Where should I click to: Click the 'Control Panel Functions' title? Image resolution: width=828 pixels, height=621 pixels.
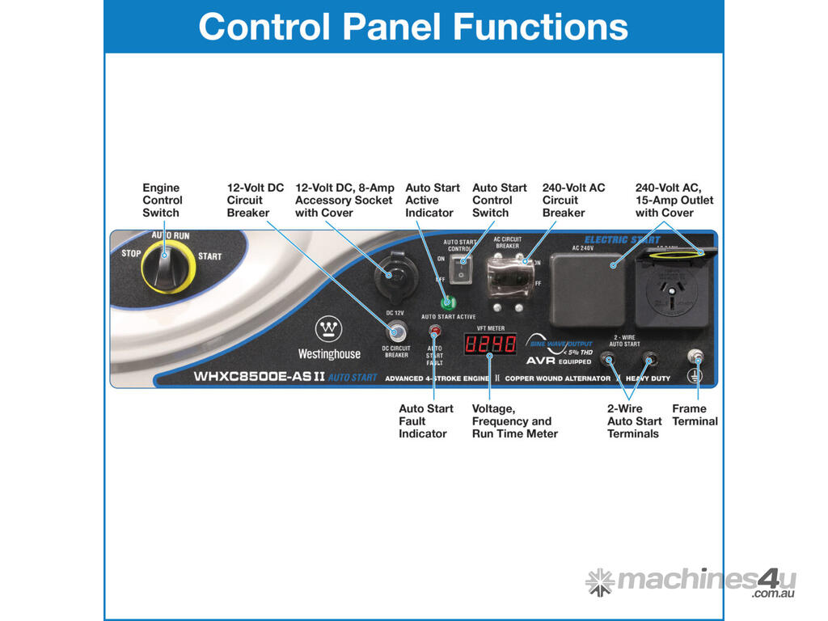413,26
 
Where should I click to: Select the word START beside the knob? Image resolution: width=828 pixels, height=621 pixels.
209,256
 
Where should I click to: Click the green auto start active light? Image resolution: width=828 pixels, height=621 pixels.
446,302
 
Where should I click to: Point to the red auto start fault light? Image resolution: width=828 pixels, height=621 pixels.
435,331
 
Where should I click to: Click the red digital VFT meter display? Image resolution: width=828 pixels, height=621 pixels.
490,345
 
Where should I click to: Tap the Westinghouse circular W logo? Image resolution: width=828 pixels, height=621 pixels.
329,330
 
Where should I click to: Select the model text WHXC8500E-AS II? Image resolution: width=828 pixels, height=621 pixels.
259,376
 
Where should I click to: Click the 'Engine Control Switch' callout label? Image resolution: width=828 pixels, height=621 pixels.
163,200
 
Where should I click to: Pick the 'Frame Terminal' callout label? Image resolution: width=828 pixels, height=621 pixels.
695,415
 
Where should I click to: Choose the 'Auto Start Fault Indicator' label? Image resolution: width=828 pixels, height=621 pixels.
426,420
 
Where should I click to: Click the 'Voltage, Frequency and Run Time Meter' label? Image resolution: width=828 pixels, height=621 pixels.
514,420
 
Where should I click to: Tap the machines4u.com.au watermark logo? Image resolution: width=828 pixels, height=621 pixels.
691,582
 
